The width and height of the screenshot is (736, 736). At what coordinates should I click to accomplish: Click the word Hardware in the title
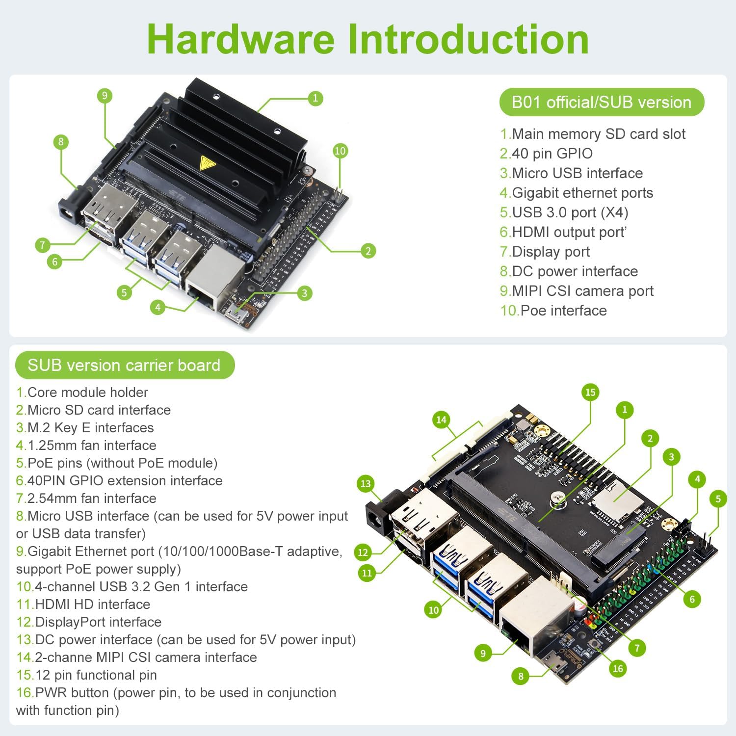pyautogui.click(x=240, y=39)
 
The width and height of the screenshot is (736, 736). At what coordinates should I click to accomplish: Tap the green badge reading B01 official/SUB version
pyautogui.click(x=602, y=102)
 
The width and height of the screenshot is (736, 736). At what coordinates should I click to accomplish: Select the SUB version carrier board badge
pyautogui.click(x=125, y=365)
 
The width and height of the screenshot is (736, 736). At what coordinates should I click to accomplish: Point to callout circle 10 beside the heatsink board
pyautogui.click(x=340, y=151)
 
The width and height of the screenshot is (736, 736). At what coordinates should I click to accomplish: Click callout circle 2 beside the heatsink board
pyautogui.click(x=368, y=251)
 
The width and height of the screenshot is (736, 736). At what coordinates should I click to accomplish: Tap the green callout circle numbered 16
pyautogui.click(x=618, y=668)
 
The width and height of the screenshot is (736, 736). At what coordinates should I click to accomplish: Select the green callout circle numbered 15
pyautogui.click(x=590, y=392)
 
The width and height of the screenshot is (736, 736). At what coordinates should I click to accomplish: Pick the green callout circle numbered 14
pyautogui.click(x=441, y=420)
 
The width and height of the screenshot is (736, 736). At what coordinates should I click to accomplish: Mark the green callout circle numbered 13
pyautogui.click(x=366, y=484)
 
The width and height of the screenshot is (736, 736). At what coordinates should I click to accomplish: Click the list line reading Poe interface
pyautogui.click(x=553, y=311)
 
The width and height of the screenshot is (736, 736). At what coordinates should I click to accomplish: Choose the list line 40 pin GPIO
pyautogui.click(x=546, y=154)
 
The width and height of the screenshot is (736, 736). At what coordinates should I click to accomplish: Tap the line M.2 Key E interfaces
pyautogui.click(x=85, y=428)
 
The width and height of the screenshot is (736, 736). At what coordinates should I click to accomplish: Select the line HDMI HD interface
pyautogui.click(x=83, y=605)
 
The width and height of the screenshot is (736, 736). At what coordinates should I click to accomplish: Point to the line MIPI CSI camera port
pyautogui.click(x=577, y=291)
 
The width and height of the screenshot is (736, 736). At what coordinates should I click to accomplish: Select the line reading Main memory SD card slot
pyautogui.click(x=593, y=134)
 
